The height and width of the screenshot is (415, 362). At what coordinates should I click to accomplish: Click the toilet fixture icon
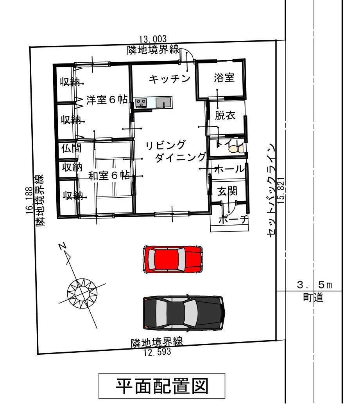click(234, 149)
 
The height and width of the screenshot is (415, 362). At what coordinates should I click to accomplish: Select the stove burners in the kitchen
click(141, 103)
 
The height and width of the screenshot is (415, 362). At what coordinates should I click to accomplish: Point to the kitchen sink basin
click(162, 103)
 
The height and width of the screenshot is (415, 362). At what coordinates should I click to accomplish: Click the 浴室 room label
click(224, 78)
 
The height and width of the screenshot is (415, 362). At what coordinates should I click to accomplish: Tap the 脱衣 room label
click(225, 115)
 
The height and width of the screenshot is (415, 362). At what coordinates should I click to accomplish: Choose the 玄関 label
click(227, 192)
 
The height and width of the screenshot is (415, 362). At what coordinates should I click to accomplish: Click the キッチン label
click(170, 79)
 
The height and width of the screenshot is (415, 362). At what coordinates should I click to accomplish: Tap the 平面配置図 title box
click(162, 386)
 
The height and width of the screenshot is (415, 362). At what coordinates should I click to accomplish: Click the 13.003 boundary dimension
click(152, 39)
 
